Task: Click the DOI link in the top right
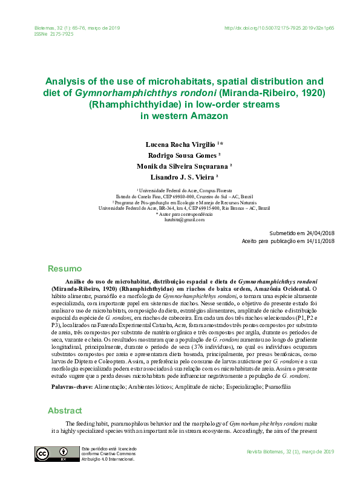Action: (x=279, y=28)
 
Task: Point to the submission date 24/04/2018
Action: (x=321, y=233)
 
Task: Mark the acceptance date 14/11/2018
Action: (x=321, y=241)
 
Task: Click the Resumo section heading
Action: (x=64, y=268)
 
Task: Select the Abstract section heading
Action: (x=65, y=410)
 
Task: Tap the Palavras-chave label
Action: (x=68, y=385)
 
